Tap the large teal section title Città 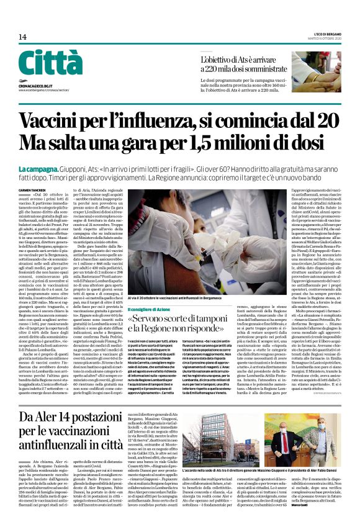pos(50,63)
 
